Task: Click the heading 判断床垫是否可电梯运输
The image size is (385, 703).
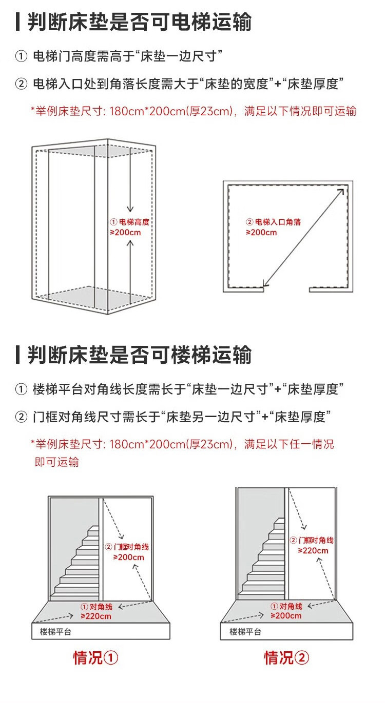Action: pyautogui.click(x=139, y=22)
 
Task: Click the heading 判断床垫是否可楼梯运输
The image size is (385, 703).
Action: pyautogui.click(x=139, y=355)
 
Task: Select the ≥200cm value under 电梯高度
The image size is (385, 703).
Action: pyautogui.click(x=125, y=233)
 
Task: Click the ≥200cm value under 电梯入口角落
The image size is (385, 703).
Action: pyautogui.click(x=261, y=233)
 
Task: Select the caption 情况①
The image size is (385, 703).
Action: pyautogui.click(x=95, y=657)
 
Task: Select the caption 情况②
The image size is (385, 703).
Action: pyautogui.click(x=286, y=657)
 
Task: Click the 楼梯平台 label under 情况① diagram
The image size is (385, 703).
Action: pyautogui.click(x=55, y=632)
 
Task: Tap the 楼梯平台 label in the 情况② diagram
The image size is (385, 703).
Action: pyautogui.click(x=245, y=632)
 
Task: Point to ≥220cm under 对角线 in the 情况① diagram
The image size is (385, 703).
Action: pyautogui.click(x=96, y=616)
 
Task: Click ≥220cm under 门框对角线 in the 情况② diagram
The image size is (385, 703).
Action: pyautogui.click(x=313, y=550)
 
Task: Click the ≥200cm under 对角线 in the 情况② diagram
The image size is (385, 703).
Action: pyautogui.click(x=286, y=616)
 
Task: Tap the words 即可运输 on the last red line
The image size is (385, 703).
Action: pyautogui.click(x=56, y=462)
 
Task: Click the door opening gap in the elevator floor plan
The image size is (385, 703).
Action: pyautogui.click(x=286, y=290)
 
